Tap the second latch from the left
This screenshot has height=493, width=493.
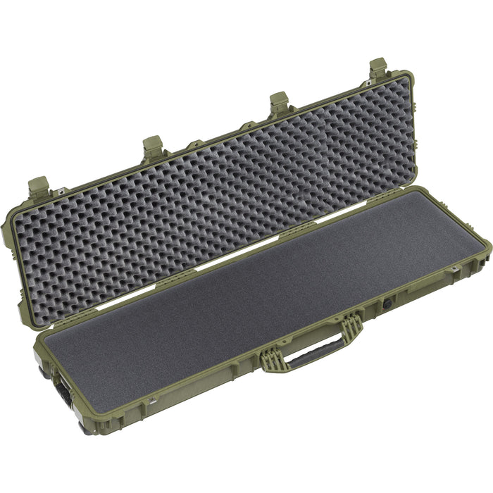(x=152, y=147)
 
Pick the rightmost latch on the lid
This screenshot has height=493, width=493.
(x=378, y=68)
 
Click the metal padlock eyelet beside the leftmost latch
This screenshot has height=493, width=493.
(x=61, y=192)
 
